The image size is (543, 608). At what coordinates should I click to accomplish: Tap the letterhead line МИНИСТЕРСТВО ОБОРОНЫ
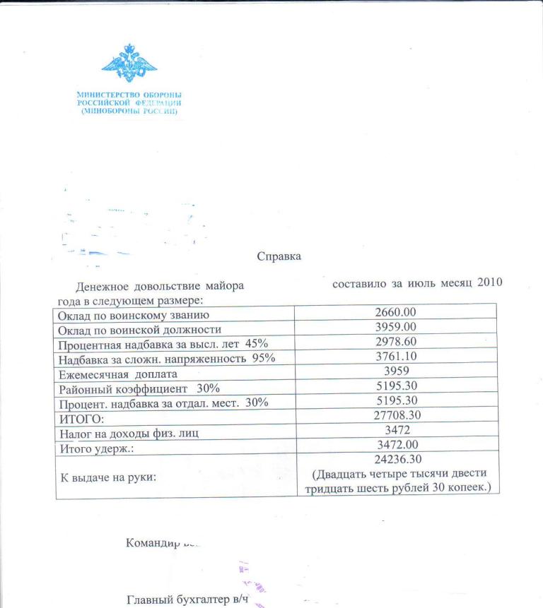(129, 95)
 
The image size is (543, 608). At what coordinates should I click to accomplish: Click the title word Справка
(279, 257)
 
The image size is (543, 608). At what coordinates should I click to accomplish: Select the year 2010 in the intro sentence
(489, 283)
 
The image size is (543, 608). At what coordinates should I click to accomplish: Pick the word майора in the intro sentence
(224, 287)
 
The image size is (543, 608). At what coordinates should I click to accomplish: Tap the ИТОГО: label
(79, 418)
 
